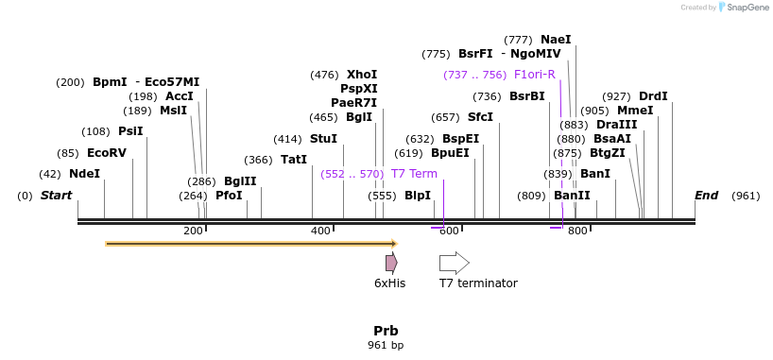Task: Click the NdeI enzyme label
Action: point(84,174)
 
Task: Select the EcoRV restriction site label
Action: point(106,153)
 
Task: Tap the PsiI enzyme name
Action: point(130,131)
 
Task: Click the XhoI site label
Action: point(361,75)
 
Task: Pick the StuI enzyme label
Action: point(323,139)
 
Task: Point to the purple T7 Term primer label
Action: point(414,174)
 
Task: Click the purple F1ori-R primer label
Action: point(534,75)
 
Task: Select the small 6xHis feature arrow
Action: point(390,264)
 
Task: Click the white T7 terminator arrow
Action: point(454,264)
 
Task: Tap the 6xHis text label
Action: point(389,283)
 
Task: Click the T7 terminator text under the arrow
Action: point(478,283)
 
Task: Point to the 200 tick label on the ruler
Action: point(193,231)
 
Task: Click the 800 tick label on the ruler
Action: point(576,231)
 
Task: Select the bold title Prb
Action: point(386,331)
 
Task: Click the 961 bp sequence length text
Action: point(386,346)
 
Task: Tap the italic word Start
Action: point(56,196)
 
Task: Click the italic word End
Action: point(706,196)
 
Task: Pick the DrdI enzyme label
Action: point(653,96)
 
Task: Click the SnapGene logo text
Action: point(747,8)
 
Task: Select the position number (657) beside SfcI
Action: point(445,117)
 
